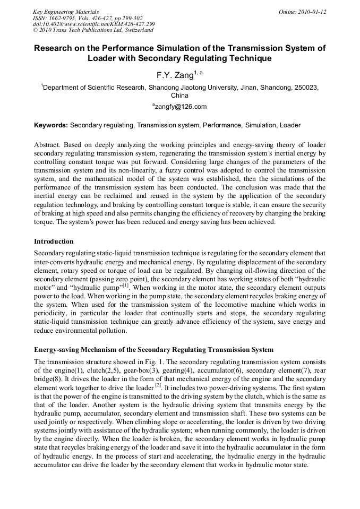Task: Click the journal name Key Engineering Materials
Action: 66,11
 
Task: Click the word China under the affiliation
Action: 179,96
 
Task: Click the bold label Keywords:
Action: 51,126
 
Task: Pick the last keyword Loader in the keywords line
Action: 289,126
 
